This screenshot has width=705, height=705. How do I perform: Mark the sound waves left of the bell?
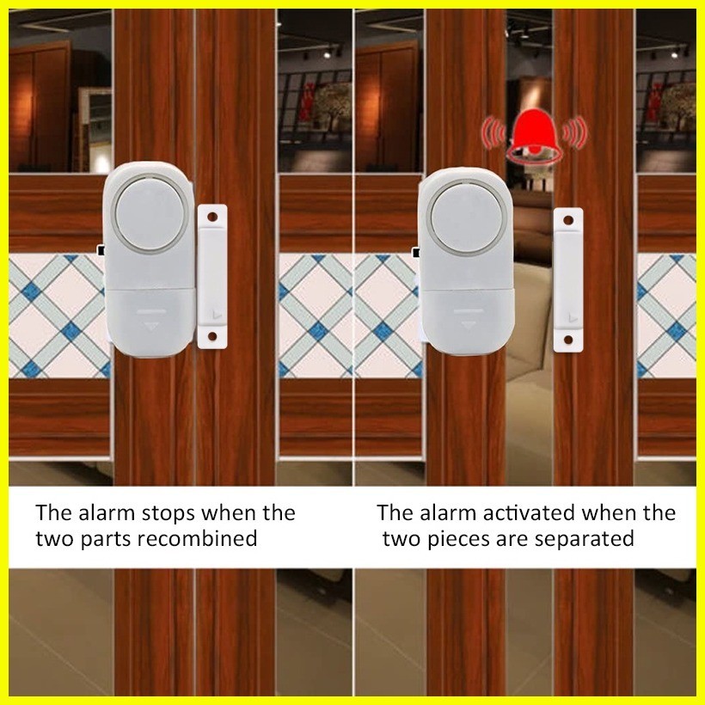pos(493,132)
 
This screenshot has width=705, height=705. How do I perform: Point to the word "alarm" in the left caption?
pos(101,514)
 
